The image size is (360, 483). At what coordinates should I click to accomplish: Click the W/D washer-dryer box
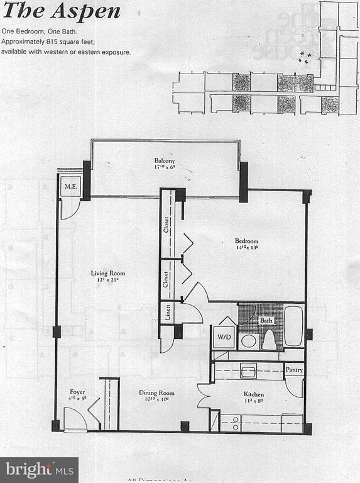coord(224,336)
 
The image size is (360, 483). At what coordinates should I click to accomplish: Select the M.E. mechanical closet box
coord(69,187)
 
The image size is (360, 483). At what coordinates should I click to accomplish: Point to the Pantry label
coord(294,370)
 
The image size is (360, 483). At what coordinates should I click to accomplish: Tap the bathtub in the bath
coord(293,326)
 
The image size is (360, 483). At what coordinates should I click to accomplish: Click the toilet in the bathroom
coord(269,340)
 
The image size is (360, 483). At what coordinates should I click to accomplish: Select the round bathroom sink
coord(249,341)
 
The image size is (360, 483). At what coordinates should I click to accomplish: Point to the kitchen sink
coord(248,371)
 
